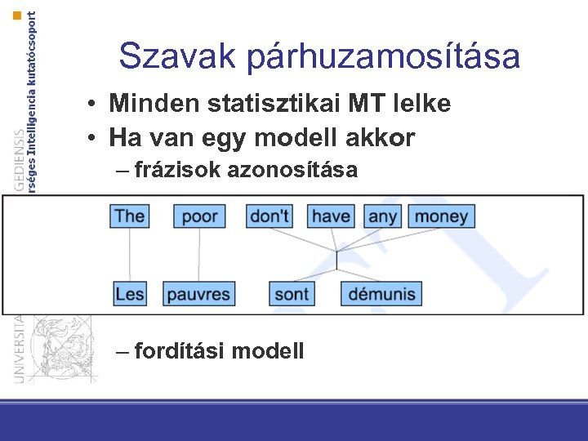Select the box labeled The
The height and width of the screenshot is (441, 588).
click(x=130, y=216)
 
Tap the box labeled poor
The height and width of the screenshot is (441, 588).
click(x=199, y=216)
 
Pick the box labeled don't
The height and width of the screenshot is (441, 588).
click(x=269, y=216)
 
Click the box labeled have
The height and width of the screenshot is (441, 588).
click(x=331, y=216)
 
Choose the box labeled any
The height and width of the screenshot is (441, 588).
click(x=382, y=216)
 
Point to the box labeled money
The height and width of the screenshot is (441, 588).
click(x=441, y=216)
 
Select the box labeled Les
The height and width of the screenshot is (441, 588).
click(x=130, y=293)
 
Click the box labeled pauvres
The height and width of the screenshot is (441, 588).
click(x=199, y=293)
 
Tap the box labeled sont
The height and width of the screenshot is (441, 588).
click(x=292, y=293)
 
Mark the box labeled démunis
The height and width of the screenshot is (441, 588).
click(x=381, y=293)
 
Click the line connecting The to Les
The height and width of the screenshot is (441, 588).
click(x=130, y=255)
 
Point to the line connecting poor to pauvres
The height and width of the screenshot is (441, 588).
click(x=199, y=255)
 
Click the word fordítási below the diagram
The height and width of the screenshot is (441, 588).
click(x=180, y=351)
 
